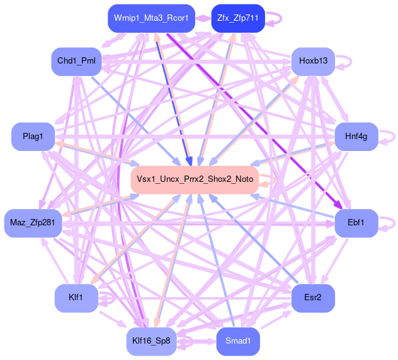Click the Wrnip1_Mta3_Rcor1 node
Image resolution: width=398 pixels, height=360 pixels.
151,18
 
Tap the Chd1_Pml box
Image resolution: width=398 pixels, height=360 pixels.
76,61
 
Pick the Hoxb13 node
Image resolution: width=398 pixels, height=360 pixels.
313,61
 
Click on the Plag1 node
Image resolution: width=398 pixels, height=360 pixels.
33,137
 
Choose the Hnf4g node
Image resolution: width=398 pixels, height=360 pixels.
356,137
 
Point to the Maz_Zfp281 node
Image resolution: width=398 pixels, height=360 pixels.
33,223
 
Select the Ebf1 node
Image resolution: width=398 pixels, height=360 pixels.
356,223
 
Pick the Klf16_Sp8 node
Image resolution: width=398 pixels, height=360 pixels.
151,342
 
